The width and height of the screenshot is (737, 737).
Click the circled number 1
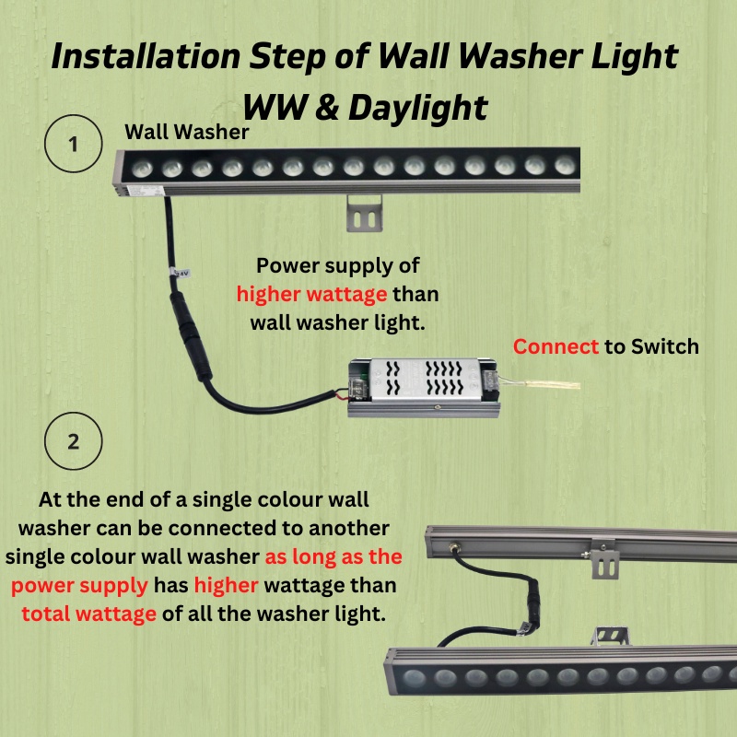click(73, 145)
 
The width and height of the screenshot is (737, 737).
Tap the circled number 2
click(73, 440)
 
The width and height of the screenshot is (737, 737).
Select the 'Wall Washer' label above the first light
click(187, 133)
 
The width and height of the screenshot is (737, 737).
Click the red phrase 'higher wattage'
click(312, 295)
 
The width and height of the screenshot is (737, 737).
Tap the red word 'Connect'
click(556, 346)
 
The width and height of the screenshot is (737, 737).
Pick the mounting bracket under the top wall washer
click(365, 214)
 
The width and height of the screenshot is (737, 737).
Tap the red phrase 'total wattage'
click(88, 614)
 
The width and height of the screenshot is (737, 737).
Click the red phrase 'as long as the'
click(333, 557)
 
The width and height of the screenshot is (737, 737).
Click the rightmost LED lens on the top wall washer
click(560, 165)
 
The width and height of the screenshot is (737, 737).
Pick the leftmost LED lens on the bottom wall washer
click(416, 681)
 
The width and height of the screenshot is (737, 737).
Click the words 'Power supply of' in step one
click(338, 266)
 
